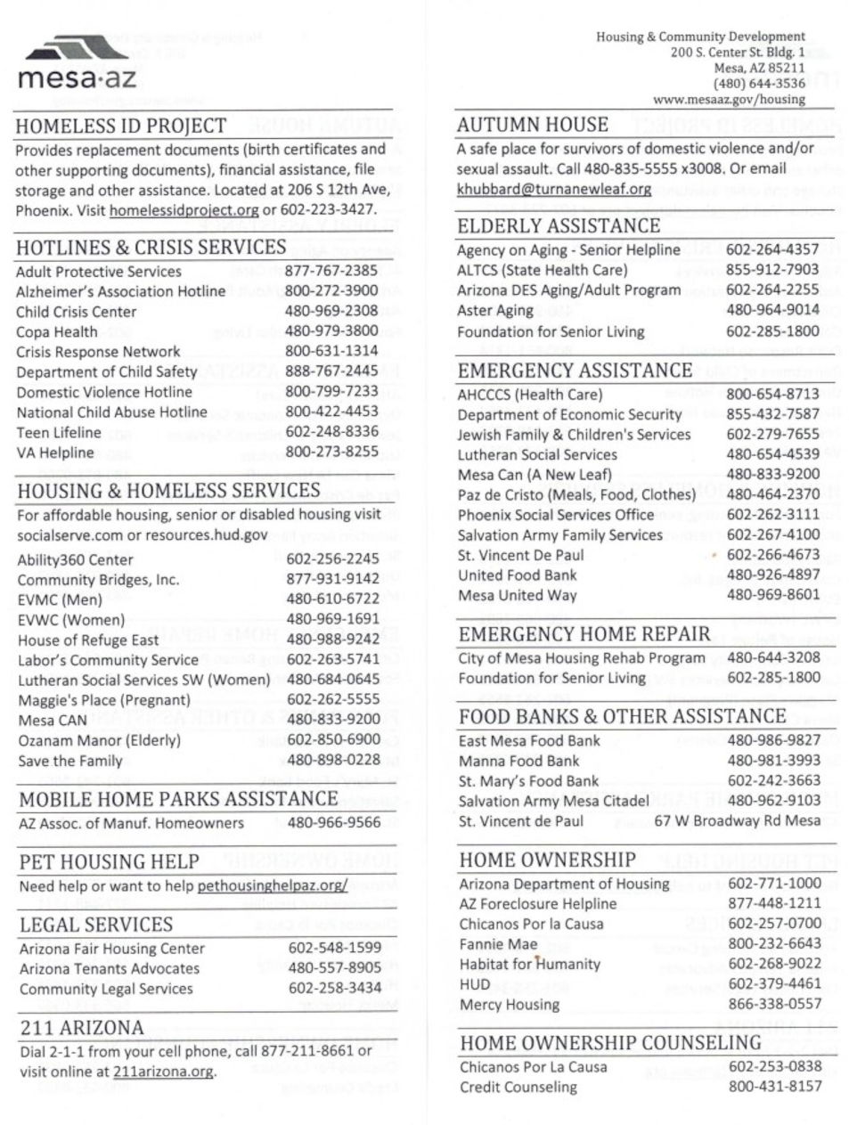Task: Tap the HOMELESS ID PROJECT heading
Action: click(121, 126)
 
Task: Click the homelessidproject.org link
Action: click(184, 210)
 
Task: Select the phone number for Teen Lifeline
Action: click(331, 432)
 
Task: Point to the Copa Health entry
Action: click(57, 331)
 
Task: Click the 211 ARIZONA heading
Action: click(82, 1027)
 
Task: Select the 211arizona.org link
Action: click(164, 1072)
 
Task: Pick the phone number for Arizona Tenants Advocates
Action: click(335, 967)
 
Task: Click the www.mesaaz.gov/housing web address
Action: click(729, 100)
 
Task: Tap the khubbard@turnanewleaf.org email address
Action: click(554, 189)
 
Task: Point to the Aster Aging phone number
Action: click(772, 310)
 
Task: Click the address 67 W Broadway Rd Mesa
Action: click(737, 820)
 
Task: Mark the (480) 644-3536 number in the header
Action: click(759, 85)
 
